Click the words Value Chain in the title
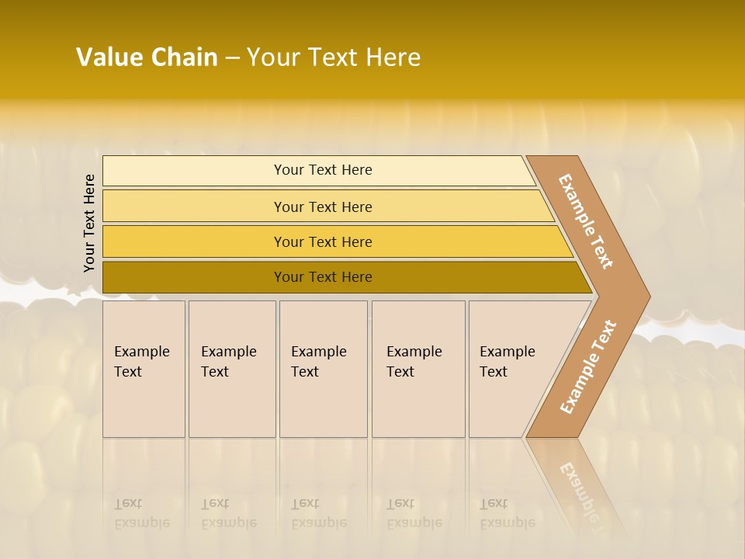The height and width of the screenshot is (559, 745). pyautogui.click(x=147, y=57)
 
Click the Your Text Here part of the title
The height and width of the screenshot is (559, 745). pyautogui.click(x=334, y=57)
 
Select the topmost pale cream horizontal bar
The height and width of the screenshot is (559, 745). pyautogui.click(x=194, y=171)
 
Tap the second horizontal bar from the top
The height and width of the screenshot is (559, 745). pyautogui.click(x=194, y=207)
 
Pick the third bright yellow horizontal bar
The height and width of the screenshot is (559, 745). pyautogui.click(x=194, y=241)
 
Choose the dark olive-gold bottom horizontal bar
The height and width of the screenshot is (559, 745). pyautogui.click(x=194, y=277)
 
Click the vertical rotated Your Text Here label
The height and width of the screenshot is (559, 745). pyautogui.click(x=89, y=223)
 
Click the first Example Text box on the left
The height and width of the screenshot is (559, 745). pyautogui.click(x=144, y=369)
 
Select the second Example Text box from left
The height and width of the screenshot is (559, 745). pyautogui.click(x=231, y=369)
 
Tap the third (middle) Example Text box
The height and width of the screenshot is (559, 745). pyautogui.click(x=323, y=369)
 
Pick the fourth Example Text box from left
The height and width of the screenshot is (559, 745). pyautogui.click(x=418, y=369)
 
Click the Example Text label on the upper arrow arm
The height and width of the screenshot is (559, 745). pyautogui.click(x=586, y=221)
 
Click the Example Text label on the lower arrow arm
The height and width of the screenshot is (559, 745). pyautogui.click(x=588, y=367)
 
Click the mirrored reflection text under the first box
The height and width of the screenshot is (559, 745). pyautogui.click(x=141, y=514)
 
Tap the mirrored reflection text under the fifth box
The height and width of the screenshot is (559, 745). pyautogui.click(x=507, y=514)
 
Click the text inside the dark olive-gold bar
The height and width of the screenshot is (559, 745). pyautogui.click(x=323, y=277)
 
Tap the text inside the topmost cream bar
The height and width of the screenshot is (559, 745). pyautogui.click(x=323, y=170)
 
